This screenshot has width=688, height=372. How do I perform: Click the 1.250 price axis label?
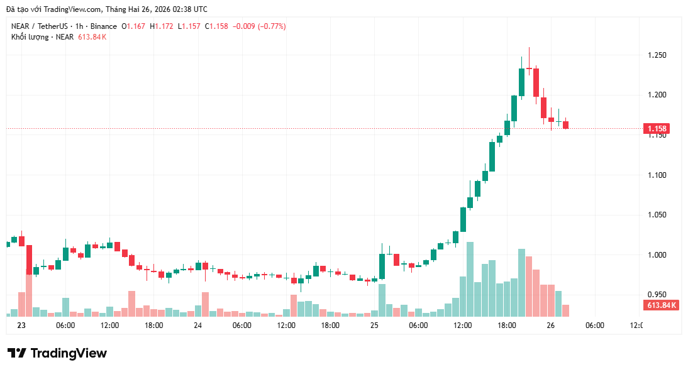[x=657, y=55]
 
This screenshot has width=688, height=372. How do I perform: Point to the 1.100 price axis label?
[x=657, y=175]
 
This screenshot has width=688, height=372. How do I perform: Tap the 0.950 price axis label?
[x=657, y=294]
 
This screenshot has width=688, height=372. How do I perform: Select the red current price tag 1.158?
[x=657, y=129]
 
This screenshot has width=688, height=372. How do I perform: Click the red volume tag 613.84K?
[x=662, y=305]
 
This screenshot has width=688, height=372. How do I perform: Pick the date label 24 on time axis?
[x=197, y=325]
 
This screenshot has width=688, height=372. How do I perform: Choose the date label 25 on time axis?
[x=374, y=325]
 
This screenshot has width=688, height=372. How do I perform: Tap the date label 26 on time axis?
[x=551, y=325]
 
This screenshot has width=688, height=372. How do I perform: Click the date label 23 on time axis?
[x=21, y=325]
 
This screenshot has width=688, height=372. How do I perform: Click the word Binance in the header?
[x=103, y=26]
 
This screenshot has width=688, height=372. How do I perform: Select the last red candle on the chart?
[x=565, y=125]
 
